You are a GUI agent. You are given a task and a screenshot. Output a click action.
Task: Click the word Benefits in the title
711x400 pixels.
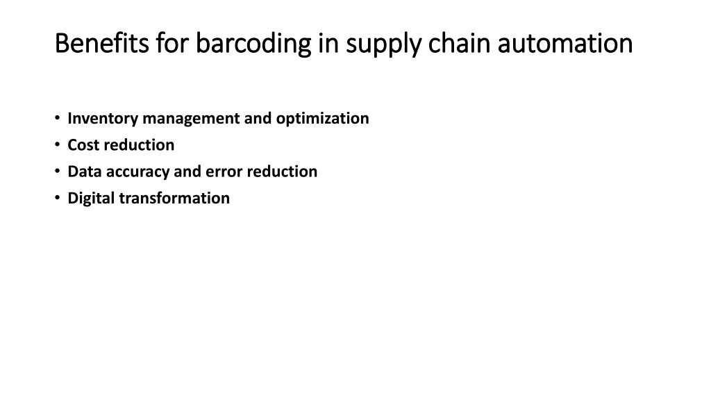pyautogui.click(x=102, y=44)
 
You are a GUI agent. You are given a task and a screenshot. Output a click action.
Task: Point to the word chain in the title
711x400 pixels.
pyautogui.click(x=460, y=44)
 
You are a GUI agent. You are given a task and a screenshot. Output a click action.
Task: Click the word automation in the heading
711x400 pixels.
pyautogui.click(x=565, y=44)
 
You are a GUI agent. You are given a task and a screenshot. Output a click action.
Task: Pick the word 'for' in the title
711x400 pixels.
pyautogui.click(x=172, y=44)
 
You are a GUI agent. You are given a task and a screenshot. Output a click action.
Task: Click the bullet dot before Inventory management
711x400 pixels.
pyautogui.click(x=57, y=118)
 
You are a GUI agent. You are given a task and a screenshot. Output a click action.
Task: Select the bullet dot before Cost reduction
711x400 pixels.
pyautogui.click(x=57, y=144)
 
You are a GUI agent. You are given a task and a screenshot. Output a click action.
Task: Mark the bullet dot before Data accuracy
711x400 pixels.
pyautogui.click(x=57, y=172)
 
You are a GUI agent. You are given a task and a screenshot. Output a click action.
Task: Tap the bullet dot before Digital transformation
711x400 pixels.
pyautogui.click(x=57, y=198)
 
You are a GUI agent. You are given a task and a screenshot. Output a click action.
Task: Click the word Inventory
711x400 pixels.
pyautogui.click(x=103, y=119)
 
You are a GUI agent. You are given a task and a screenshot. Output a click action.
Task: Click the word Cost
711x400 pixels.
pyautogui.click(x=83, y=145)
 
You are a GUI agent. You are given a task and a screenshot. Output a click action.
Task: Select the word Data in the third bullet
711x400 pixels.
pyautogui.click(x=84, y=172)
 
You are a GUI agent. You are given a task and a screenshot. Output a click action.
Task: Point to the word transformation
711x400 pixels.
pyautogui.click(x=174, y=198)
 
